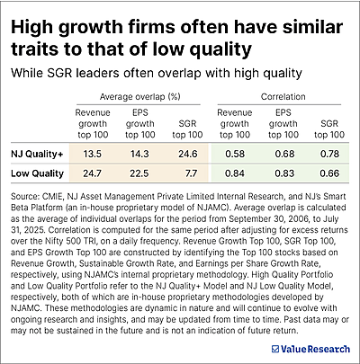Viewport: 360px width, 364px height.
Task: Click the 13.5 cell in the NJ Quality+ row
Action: coord(93,154)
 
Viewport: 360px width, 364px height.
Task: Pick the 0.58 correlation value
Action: coord(237,154)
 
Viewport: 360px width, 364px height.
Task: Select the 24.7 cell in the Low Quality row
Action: coord(93,173)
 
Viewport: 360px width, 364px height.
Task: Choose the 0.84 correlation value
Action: coord(237,173)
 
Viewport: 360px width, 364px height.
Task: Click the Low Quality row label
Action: coord(36,173)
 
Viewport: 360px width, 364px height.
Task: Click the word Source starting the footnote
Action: coord(26,193)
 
